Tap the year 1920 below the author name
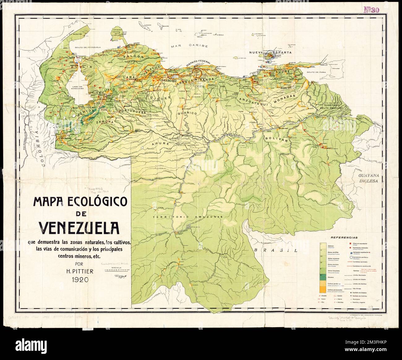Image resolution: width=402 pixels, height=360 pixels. [x=76, y=280]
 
